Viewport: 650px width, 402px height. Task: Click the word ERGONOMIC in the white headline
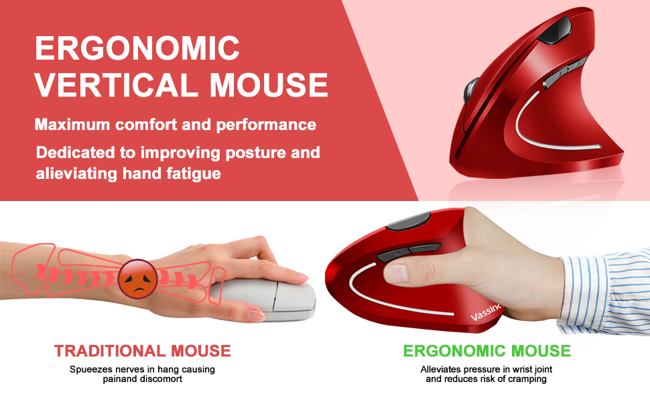137,48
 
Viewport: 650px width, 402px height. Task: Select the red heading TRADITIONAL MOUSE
143,350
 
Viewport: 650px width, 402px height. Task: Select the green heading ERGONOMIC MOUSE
486,350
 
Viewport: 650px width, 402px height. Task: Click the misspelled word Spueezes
90,369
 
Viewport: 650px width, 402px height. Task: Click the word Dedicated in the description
72,152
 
